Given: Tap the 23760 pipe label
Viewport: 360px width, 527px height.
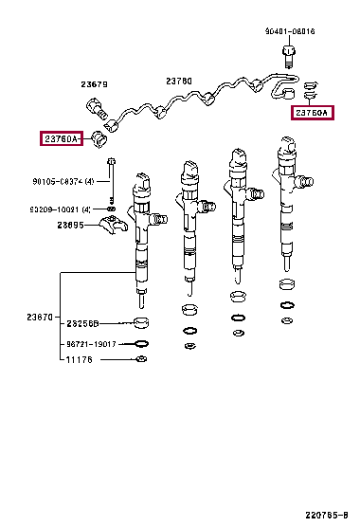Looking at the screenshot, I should click(x=178, y=82).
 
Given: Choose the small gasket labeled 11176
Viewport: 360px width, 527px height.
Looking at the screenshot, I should click(x=141, y=360).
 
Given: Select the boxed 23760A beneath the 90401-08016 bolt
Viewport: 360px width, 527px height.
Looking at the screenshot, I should click(x=311, y=113).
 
